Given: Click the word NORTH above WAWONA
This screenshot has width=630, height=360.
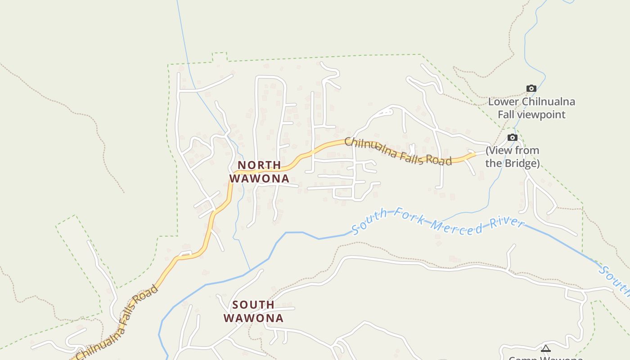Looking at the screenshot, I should pyautogui.click(x=259, y=165).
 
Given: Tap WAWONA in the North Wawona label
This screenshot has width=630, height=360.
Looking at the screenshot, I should pyautogui.click(x=259, y=179).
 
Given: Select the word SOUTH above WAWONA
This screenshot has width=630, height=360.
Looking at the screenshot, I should pyautogui.click(x=253, y=305).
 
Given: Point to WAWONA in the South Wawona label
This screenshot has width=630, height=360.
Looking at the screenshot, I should pyautogui.click(x=253, y=318).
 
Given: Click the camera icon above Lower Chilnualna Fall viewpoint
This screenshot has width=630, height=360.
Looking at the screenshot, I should pyautogui.click(x=531, y=88).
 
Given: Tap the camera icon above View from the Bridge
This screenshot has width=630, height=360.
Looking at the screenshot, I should pyautogui.click(x=513, y=137).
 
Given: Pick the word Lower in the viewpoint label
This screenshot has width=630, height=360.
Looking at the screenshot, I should pyautogui.click(x=504, y=102).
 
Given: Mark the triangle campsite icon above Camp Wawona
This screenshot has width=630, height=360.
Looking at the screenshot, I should pyautogui.click(x=546, y=348).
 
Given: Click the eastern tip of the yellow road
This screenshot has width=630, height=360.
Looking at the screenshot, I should pyautogui.click(x=474, y=154).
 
